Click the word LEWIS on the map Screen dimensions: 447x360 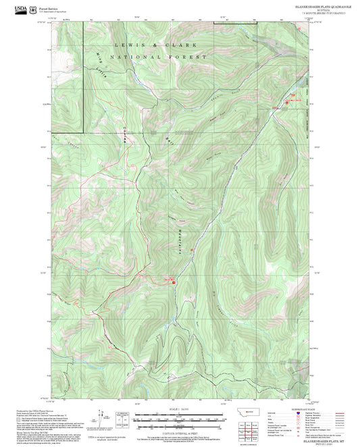[126, 45]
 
